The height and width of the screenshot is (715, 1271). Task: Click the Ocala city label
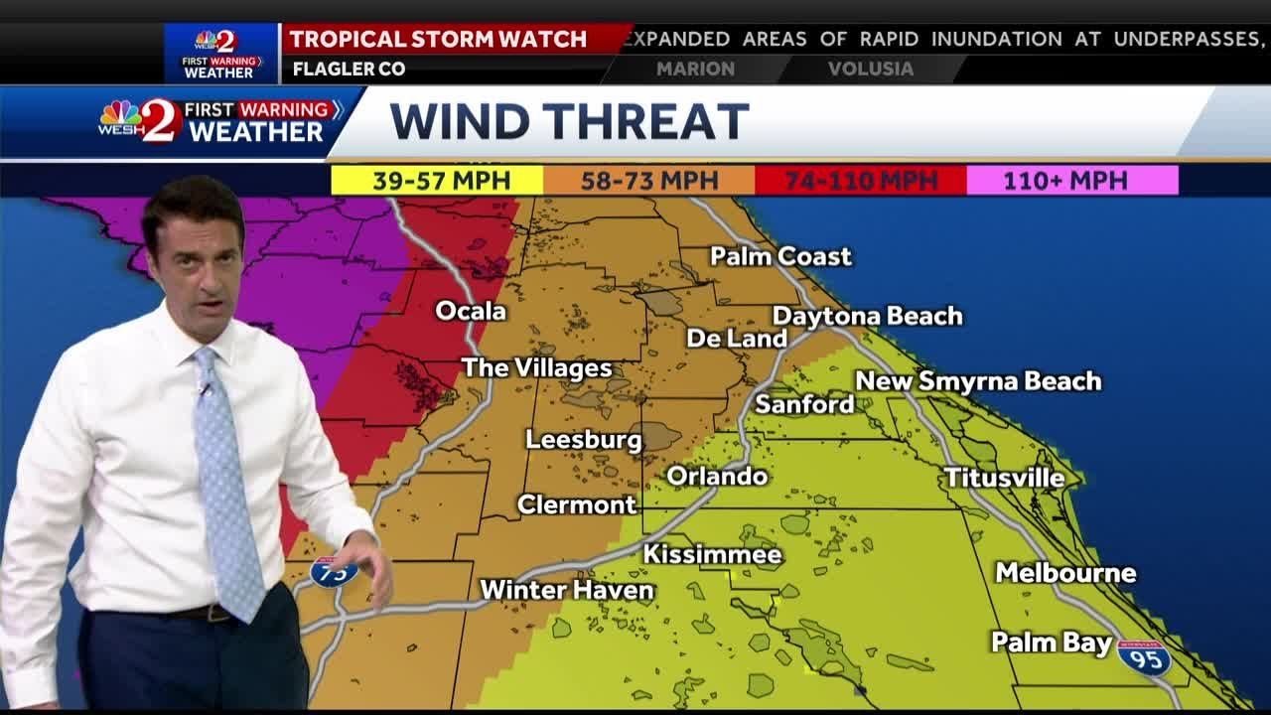pyautogui.click(x=471, y=311)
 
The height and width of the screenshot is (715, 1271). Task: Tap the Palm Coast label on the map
pyautogui.click(x=780, y=256)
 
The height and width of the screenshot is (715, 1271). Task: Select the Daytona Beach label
pyautogui.click(x=867, y=316)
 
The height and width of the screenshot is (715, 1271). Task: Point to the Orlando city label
pyautogui.click(x=717, y=476)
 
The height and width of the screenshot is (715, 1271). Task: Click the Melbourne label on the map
pyautogui.click(x=1065, y=573)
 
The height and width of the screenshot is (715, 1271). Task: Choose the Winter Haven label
pyautogui.click(x=567, y=590)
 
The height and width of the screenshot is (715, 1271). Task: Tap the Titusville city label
pyautogui.click(x=1004, y=478)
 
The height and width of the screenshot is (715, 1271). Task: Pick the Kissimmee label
pyautogui.click(x=712, y=554)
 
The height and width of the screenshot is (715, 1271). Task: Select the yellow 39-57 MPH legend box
pyautogui.click(x=437, y=181)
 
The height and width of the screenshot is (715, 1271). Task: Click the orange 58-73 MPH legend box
pyautogui.click(x=648, y=181)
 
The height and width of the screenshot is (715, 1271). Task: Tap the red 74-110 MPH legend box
pyautogui.click(x=861, y=181)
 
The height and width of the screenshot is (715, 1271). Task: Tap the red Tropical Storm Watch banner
pyautogui.click(x=439, y=40)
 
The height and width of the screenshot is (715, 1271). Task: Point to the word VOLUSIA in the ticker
pyautogui.click(x=870, y=70)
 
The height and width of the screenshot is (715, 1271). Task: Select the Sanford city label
pyautogui.click(x=804, y=404)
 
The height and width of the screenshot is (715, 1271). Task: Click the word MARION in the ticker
pyautogui.click(x=695, y=70)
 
